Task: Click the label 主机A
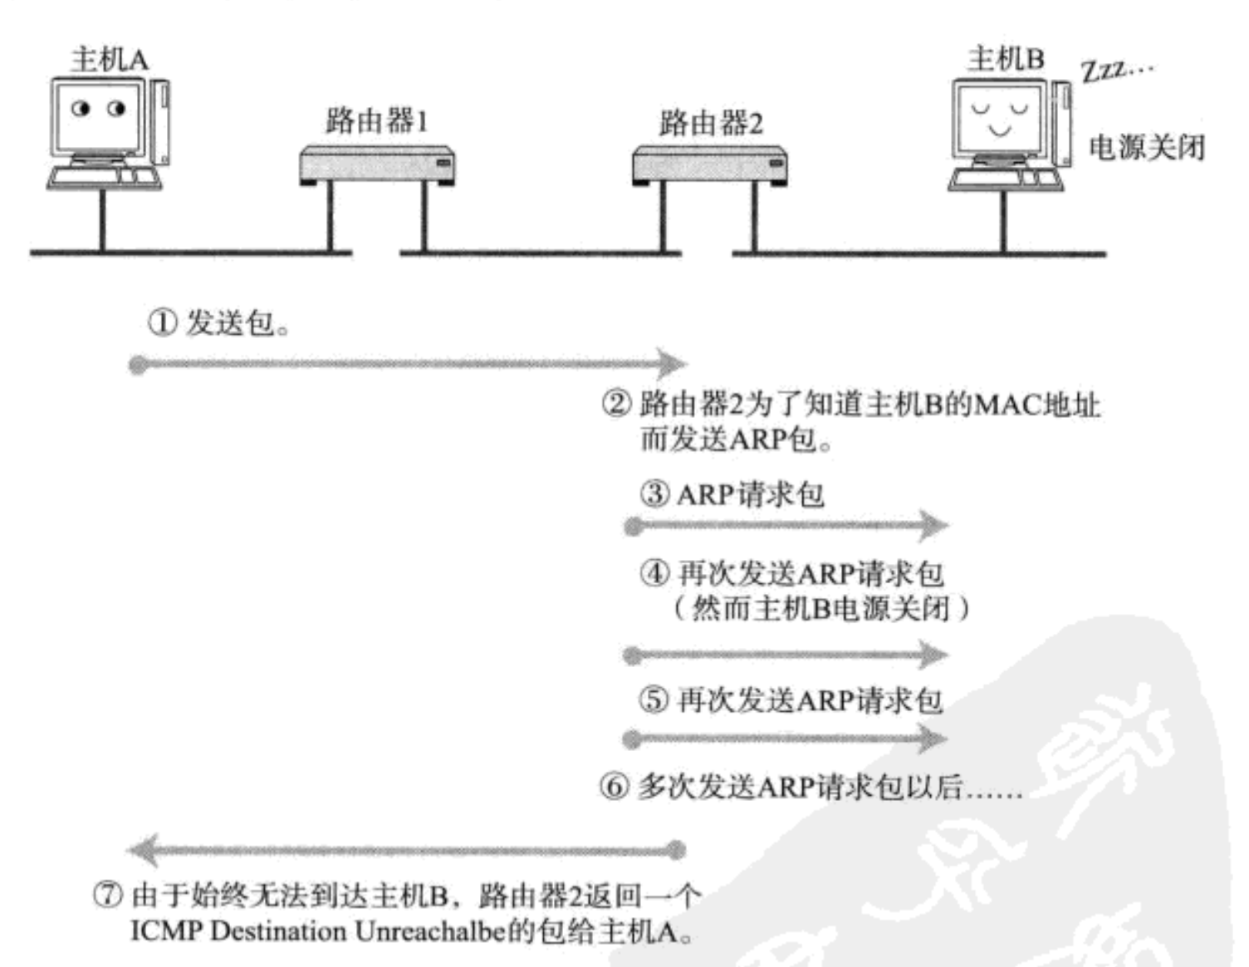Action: click(x=109, y=60)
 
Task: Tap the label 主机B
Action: click(x=1005, y=59)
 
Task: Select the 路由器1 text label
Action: click(x=376, y=121)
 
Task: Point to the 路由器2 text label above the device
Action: click(x=710, y=124)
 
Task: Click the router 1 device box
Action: click(x=376, y=164)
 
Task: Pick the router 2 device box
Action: click(x=709, y=164)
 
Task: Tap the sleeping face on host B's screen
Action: click(x=999, y=117)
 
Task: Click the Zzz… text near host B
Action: click(x=1116, y=70)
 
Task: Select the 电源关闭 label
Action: click(x=1146, y=148)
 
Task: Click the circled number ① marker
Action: click(x=162, y=322)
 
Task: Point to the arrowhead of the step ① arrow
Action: click(x=672, y=364)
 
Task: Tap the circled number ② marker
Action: click(x=616, y=404)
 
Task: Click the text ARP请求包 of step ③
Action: click(x=750, y=495)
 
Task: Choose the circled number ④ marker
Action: click(x=654, y=573)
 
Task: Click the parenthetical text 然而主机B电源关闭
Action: click(x=820, y=609)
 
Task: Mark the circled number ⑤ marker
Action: click(x=654, y=700)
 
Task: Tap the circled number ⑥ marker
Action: click(x=615, y=786)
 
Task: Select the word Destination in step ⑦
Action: click(x=278, y=931)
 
